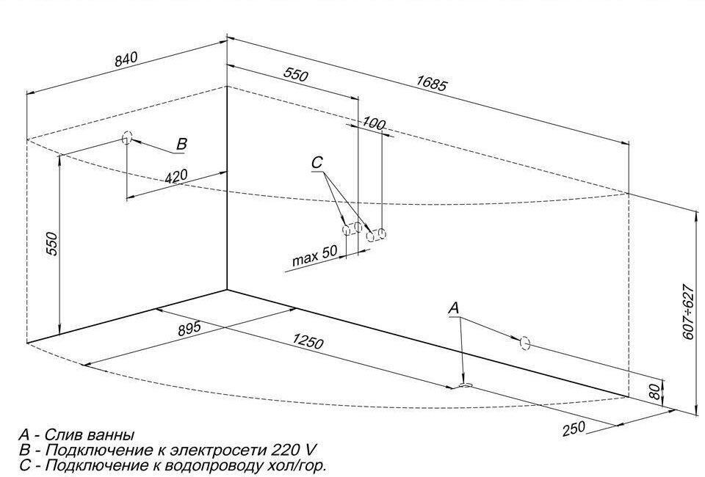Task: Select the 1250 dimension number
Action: pos(308,341)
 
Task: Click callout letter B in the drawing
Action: pos(181,145)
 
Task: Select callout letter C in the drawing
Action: pos(317,162)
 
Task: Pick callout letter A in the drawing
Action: pos(454,309)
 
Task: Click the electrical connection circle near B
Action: pos(127,137)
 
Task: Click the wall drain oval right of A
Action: pos(524,342)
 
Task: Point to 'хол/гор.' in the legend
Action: pos(297,465)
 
